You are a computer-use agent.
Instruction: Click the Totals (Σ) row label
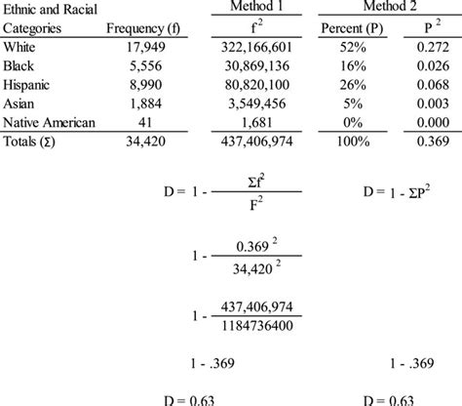[x=31, y=141]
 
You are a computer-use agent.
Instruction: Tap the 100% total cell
[x=358, y=141]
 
